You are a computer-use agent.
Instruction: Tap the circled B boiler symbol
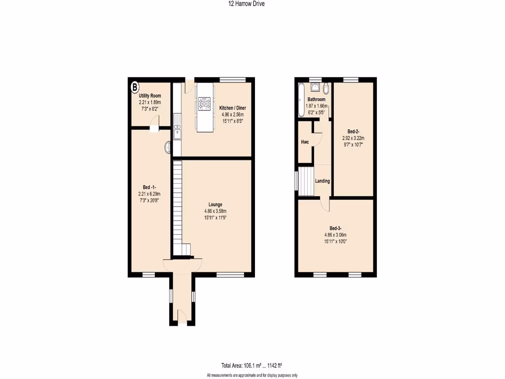click(x=134, y=87)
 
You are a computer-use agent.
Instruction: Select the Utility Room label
click(x=149, y=96)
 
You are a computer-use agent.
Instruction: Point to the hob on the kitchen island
click(x=204, y=104)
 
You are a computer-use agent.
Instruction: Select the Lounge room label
click(x=215, y=204)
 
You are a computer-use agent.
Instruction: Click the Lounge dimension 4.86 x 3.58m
click(x=215, y=211)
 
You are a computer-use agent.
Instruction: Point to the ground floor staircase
click(x=178, y=207)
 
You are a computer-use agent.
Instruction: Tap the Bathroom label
click(x=316, y=99)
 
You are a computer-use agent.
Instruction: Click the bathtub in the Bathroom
click(x=300, y=101)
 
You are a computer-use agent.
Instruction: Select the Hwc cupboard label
click(x=305, y=142)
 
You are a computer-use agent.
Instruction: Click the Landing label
click(x=323, y=181)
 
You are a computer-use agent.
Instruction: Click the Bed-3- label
click(x=335, y=228)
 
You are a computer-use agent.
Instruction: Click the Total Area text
click(x=252, y=366)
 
